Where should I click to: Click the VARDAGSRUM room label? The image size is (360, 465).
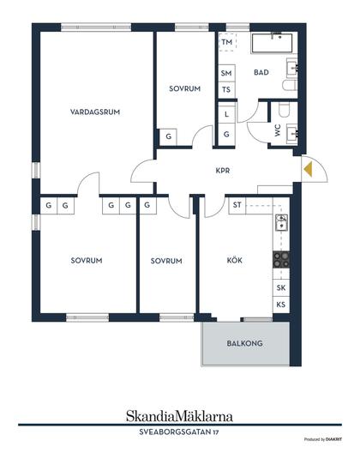pyautogui.click(x=95, y=112)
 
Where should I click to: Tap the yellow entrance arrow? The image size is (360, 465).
pyautogui.click(x=309, y=170)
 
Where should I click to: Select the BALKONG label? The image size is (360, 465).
pyautogui.click(x=244, y=343)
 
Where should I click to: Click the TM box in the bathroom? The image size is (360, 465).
pyautogui.click(x=227, y=42)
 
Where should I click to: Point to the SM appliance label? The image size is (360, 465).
pyautogui.click(x=226, y=73)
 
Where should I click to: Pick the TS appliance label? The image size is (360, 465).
pyautogui.click(x=226, y=89)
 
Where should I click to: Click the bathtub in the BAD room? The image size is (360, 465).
pyautogui.click(x=272, y=43)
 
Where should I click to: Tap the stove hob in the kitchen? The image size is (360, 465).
pyautogui.click(x=281, y=260)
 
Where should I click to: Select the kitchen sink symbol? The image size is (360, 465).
pyautogui.click(x=281, y=223)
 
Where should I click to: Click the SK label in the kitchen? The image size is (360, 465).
pyautogui.click(x=281, y=287)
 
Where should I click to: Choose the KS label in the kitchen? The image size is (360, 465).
pyautogui.click(x=281, y=305)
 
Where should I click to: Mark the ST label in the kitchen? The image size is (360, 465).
pyautogui.click(x=237, y=205)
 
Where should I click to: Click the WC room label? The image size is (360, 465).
pyautogui.click(x=278, y=130)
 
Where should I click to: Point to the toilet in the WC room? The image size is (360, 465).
pyautogui.click(x=284, y=110)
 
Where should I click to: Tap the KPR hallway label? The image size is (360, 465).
pyautogui.click(x=223, y=171)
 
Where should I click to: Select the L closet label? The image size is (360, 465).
pyautogui.click(x=226, y=114)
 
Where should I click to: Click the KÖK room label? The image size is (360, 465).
pyautogui.click(x=234, y=260)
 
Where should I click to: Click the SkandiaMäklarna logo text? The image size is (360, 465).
pyautogui.click(x=179, y=416)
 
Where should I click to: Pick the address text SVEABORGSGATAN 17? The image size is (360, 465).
pyautogui.click(x=179, y=432)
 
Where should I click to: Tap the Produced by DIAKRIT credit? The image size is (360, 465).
pyautogui.click(x=322, y=439)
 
